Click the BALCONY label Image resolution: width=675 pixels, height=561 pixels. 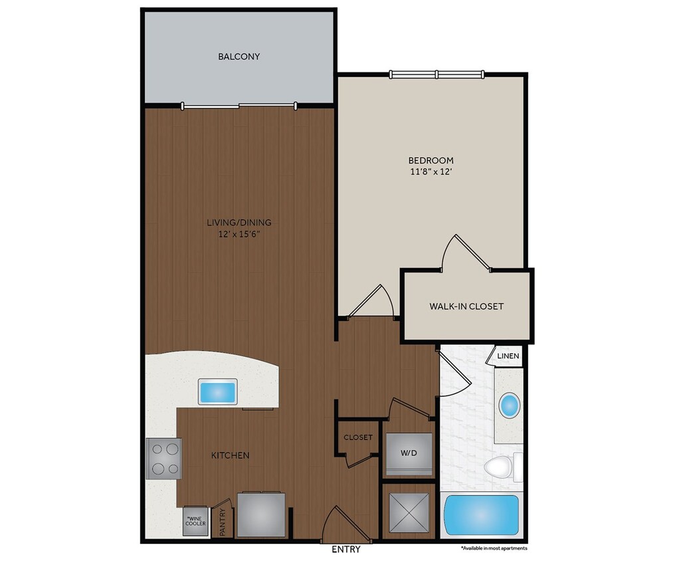coord(239,56)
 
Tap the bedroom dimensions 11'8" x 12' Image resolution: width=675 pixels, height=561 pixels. coord(431,171)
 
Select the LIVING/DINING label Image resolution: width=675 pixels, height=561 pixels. coord(239,223)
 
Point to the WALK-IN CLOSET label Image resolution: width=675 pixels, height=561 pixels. coord(466,306)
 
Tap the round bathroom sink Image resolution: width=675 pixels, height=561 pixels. coord(510,405)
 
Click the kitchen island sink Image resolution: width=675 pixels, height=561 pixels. coord(218,391)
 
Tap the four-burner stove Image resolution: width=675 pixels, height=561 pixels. coord(163,459)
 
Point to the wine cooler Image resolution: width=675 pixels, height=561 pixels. coord(195,520)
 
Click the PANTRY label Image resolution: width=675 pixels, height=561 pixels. coord(223,521)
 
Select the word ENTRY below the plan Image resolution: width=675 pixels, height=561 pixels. coord(345,550)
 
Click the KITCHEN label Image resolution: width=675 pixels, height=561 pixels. coord(230,455)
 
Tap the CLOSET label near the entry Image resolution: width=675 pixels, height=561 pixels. coord(357,437)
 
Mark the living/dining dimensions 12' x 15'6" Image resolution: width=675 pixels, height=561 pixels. coord(239,234)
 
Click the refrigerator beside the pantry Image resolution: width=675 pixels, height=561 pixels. coord(261,514)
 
